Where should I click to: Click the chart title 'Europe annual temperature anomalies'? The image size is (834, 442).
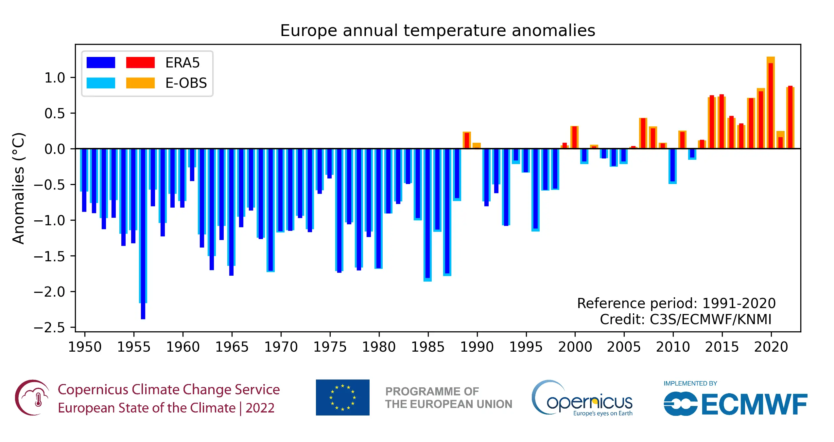[x=437, y=30]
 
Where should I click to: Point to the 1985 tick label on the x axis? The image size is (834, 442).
[x=427, y=347]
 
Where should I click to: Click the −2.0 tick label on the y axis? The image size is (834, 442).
[x=49, y=292]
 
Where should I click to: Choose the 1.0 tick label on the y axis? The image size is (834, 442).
[x=55, y=78]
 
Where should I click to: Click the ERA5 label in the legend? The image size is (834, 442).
[x=182, y=63]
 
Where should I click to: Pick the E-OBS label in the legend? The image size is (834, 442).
[x=186, y=83]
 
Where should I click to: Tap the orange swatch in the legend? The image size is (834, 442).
[x=140, y=83]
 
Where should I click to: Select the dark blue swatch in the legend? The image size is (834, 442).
[x=101, y=63]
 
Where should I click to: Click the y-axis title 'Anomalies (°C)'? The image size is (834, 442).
[x=18, y=188]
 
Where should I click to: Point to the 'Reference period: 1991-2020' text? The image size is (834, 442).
[x=676, y=304]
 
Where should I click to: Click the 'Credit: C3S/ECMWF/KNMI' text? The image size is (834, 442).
[x=686, y=319]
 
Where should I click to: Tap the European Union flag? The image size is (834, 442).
[x=342, y=397]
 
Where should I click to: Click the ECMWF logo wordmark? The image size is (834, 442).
[x=754, y=405]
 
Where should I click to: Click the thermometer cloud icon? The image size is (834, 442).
[x=32, y=397]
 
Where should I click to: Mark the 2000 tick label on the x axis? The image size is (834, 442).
[x=575, y=347]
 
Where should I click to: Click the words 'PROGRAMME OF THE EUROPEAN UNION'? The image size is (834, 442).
[x=448, y=398]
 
